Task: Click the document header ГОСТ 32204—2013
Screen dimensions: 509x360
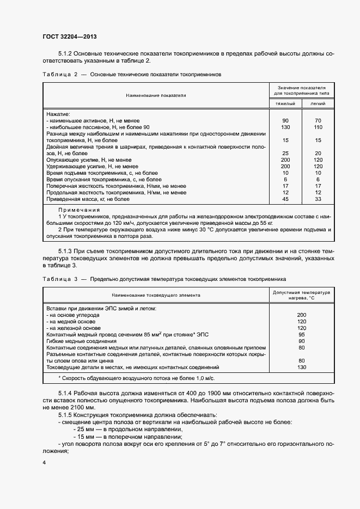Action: tap(70, 36)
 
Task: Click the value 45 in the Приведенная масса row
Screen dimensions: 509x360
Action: tap(285, 199)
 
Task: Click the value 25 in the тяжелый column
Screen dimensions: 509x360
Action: tap(285, 154)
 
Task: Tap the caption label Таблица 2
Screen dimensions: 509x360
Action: tap(60, 74)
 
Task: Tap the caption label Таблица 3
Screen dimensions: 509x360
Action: tap(60, 279)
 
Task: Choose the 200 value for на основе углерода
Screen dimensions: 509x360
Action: tap(301, 315)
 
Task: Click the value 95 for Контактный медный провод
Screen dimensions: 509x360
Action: tap(301, 335)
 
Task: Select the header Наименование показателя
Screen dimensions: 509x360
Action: tap(156, 95)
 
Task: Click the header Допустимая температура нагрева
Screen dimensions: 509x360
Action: tap(301, 295)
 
